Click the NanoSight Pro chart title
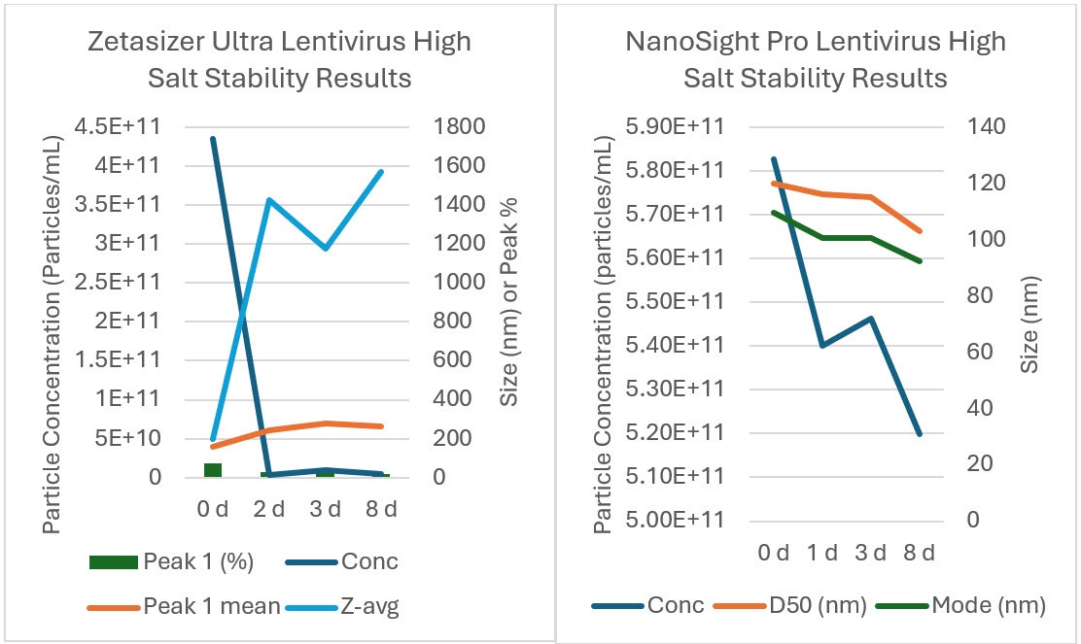point(816,59)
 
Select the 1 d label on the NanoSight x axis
point(822,553)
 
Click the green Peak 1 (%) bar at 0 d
point(213,470)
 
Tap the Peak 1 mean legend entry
point(184,607)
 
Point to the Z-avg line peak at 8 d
point(381,172)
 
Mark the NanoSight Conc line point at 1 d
point(822,346)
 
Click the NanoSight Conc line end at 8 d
point(920,434)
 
